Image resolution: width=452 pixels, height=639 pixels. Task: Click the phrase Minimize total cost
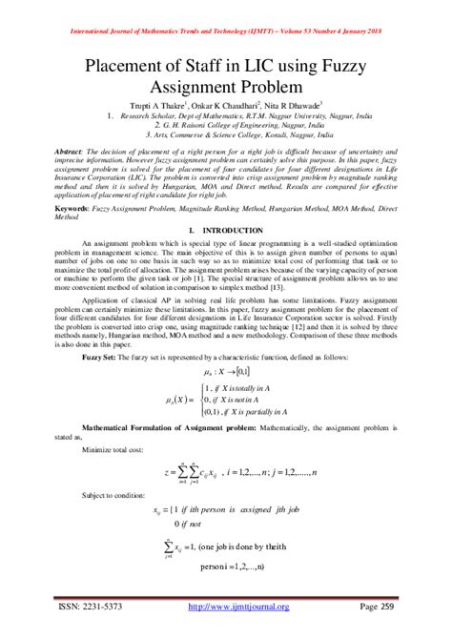[117, 447]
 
